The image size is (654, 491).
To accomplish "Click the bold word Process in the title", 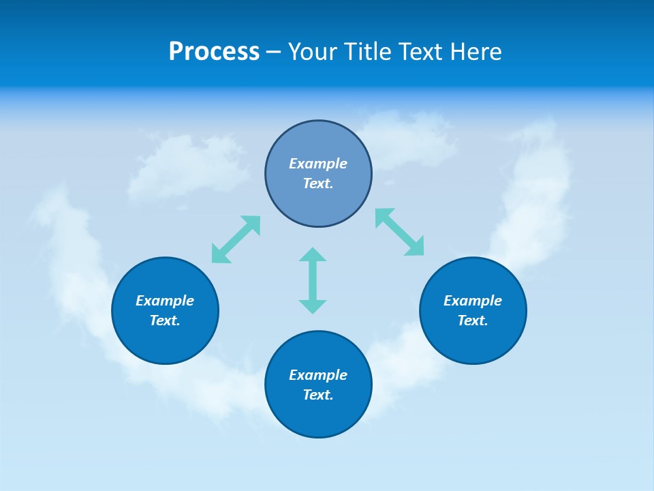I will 214,52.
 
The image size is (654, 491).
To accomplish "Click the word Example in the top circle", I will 318,164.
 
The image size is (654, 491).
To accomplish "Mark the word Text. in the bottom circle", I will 318,395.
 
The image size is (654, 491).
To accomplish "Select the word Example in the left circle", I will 165,301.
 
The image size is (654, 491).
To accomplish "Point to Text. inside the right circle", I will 473,321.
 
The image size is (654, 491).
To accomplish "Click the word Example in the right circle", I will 473,301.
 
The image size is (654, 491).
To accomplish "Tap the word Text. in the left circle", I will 165,321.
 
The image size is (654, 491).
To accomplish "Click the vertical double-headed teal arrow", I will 313,280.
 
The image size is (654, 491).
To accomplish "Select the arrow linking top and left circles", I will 236,239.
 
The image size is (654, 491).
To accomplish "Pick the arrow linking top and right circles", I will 399,232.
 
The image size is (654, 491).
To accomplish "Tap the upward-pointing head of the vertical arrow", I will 313,254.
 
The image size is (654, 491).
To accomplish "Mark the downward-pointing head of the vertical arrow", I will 313,306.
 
